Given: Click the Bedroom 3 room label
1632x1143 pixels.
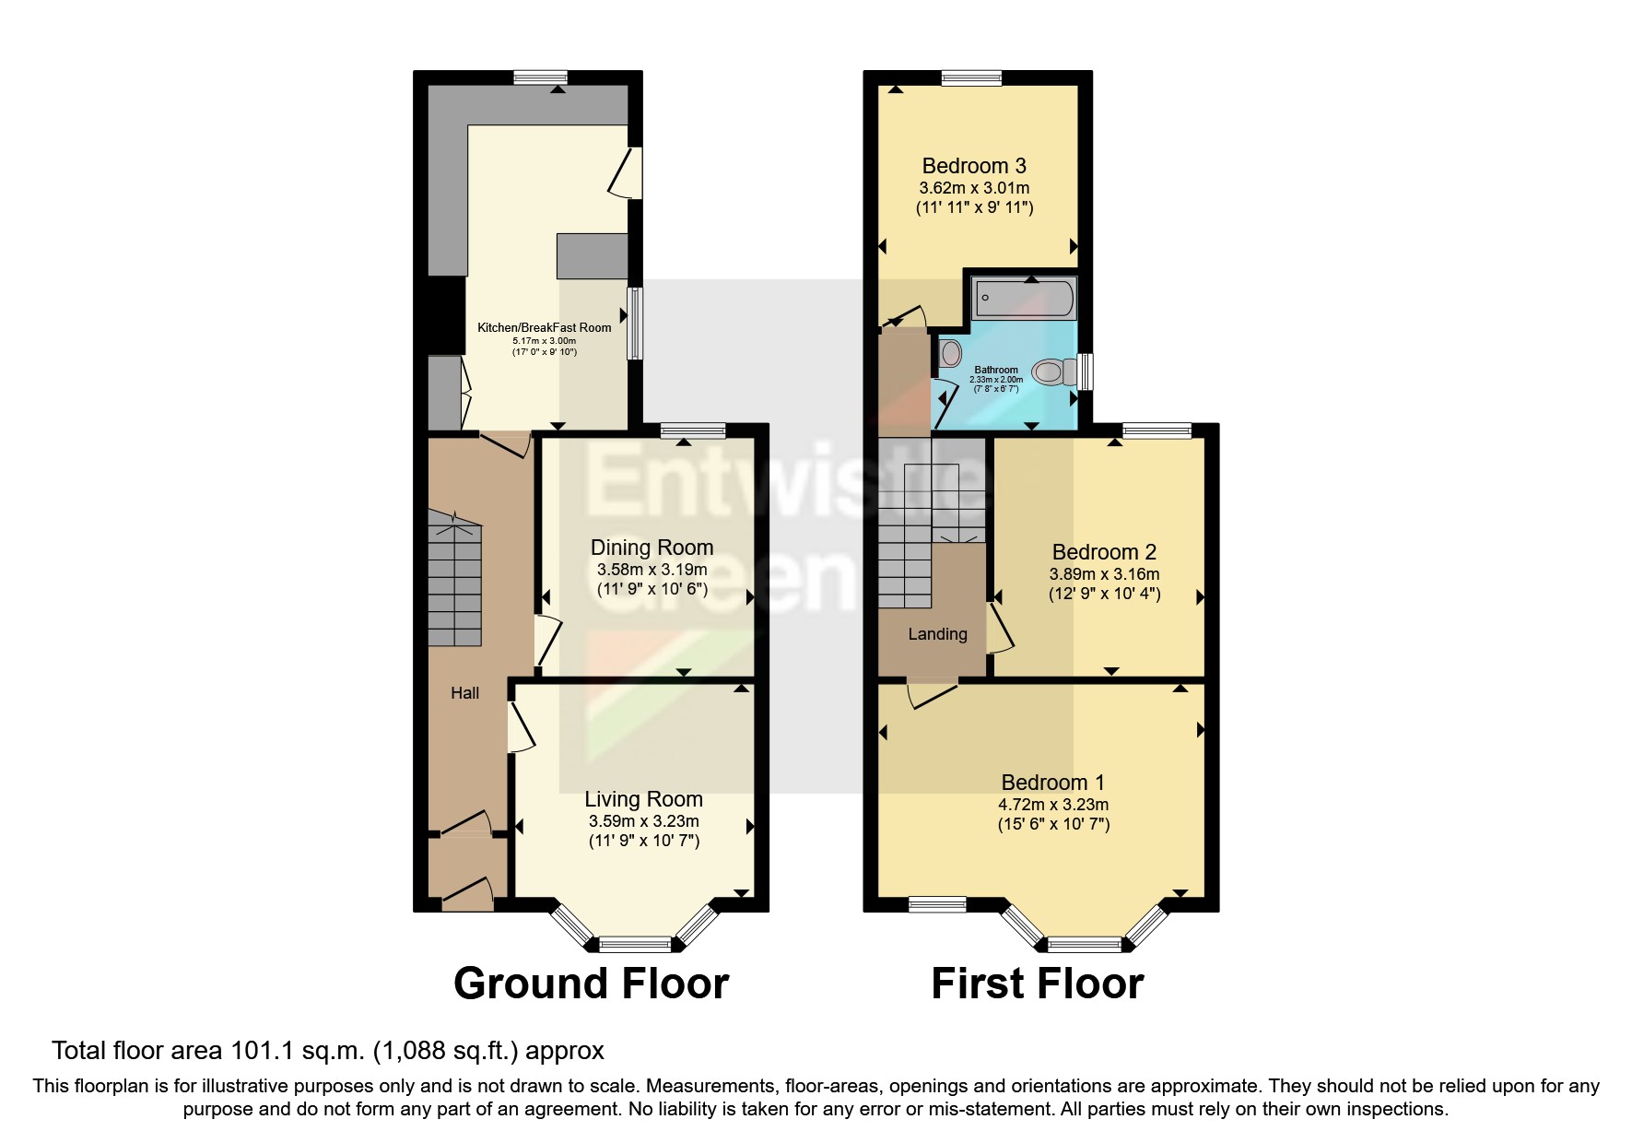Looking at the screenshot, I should coord(974,166).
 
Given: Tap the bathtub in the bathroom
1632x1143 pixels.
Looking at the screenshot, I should coord(1024,299).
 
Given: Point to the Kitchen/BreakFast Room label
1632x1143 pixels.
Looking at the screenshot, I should coord(544,327).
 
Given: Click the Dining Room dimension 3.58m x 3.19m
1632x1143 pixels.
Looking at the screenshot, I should coord(652,569).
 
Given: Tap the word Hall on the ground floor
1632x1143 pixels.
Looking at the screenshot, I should coord(464,693).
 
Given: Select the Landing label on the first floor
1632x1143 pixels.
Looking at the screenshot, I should coord(937,634).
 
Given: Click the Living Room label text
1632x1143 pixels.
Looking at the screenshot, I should coord(643,799).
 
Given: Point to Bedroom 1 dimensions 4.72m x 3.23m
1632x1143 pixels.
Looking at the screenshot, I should coord(1053,805).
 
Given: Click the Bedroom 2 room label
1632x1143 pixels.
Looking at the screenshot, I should coord(1104,552).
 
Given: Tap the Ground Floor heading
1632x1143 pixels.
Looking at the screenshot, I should coord(591,984).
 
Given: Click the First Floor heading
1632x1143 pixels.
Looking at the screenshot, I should coord(1037,984).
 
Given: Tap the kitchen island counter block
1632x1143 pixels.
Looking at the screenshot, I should coord(592,255).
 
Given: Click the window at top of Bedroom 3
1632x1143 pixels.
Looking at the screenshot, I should coord(971,78).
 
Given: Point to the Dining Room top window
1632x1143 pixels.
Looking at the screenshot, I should coord(693,430).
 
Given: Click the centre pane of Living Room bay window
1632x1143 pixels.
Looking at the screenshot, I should coord(635,943).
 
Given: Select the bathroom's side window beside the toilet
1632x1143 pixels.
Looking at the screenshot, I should coord(1086,371).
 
